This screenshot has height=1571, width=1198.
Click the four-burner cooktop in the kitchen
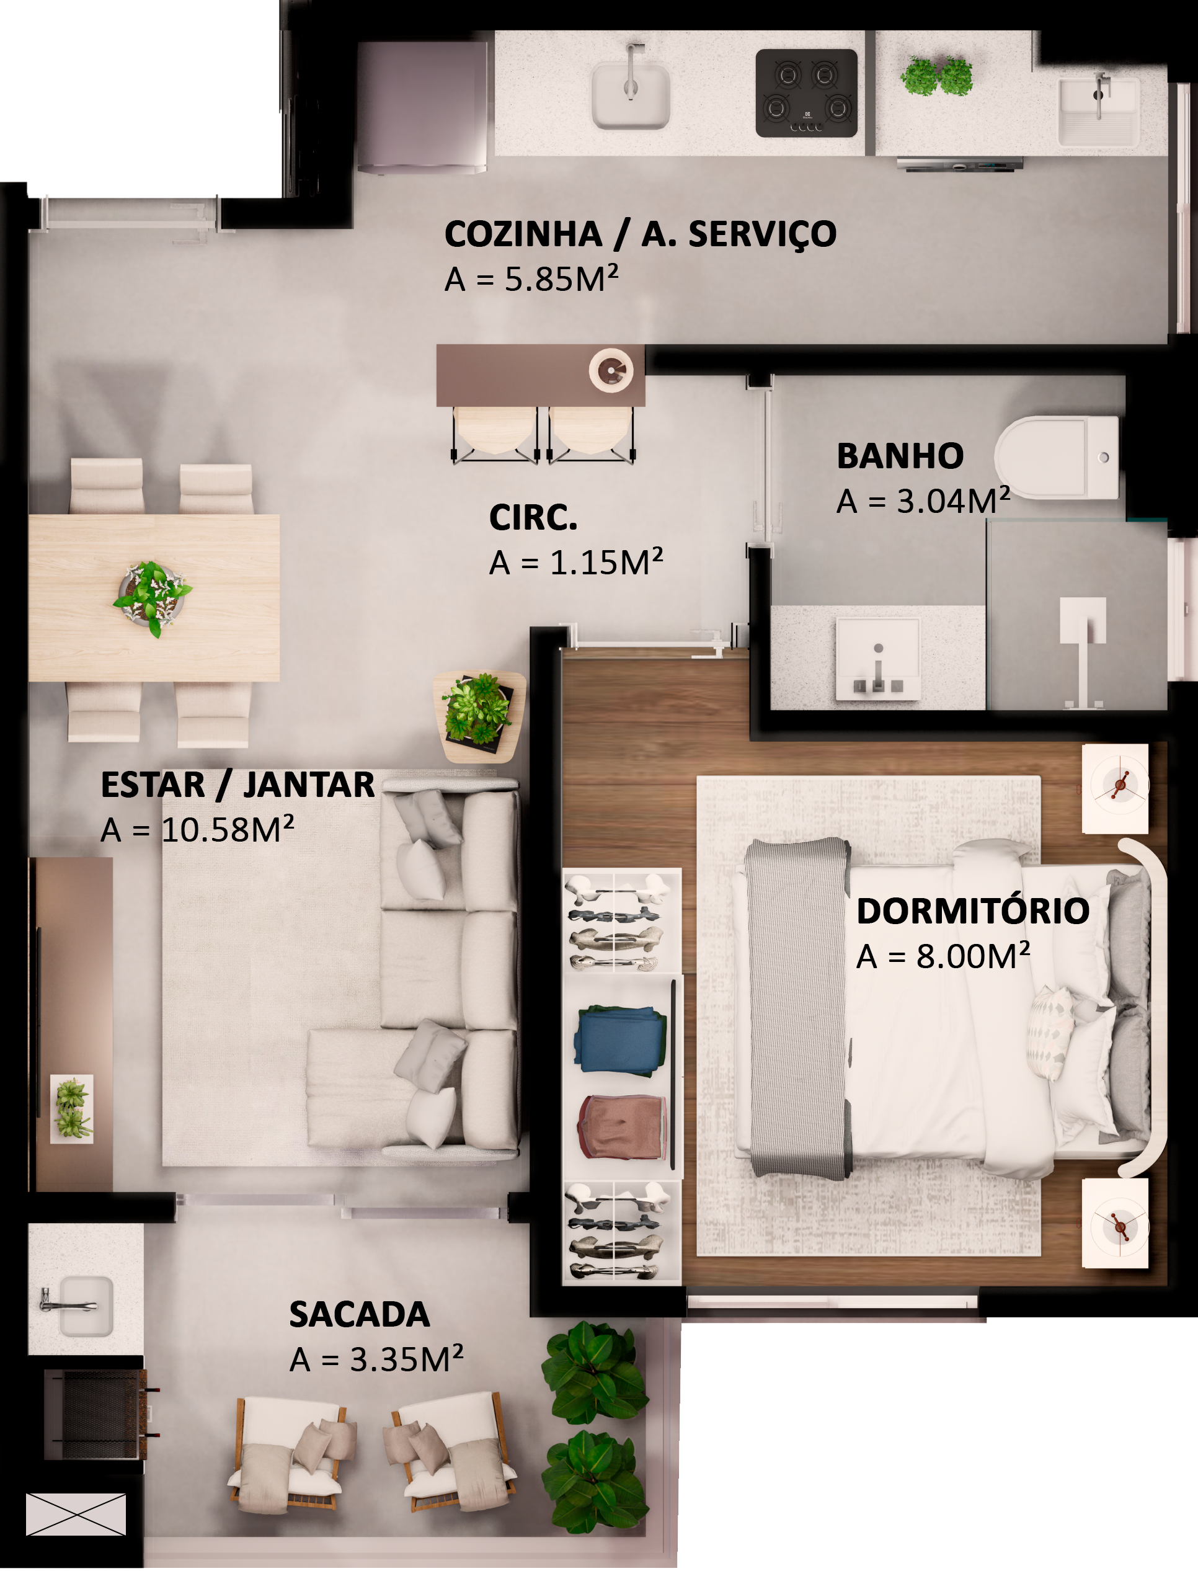[807, 94]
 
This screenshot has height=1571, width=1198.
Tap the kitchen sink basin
[631, 96]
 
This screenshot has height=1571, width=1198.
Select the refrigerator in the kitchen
[422, 107]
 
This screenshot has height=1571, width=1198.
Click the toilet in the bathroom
[1057, 457]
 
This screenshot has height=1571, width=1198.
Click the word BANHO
[900, 456]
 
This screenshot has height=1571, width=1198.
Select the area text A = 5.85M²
[531, 279]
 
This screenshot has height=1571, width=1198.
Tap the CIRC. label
[533, 518]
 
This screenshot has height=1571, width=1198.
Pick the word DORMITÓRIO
[973, 911]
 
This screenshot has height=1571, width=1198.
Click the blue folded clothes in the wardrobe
[619, 1041]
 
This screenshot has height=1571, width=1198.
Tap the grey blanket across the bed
[797, 1008]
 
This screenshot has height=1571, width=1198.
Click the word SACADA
[360, 1314]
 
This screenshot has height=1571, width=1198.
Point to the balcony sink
[86, 1306]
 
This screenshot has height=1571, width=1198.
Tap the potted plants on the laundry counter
[937, 76]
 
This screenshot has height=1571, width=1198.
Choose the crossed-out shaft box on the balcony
[76, 1514]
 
